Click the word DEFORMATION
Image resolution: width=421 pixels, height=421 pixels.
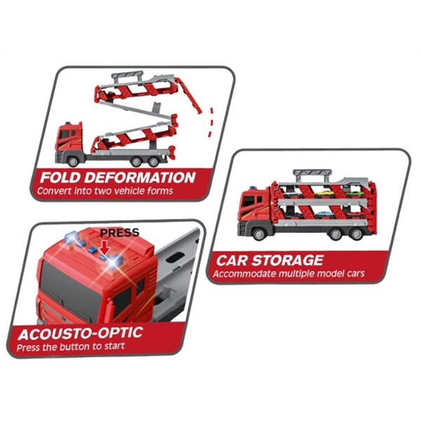coord(142,178)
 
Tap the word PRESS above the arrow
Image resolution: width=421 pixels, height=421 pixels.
coord(120,232)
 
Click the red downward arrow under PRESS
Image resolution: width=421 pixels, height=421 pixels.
coord(105,247)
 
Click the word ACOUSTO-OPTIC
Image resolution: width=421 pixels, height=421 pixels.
coord(80,333)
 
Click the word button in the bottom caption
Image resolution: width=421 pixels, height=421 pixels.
coord(76,347)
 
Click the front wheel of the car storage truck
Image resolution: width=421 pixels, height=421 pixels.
coord(260,234)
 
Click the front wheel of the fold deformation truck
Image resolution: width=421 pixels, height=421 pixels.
coord(72,161)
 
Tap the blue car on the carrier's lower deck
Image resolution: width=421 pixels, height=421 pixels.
coord(324,215)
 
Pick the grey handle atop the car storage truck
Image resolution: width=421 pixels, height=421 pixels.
coord(312,175)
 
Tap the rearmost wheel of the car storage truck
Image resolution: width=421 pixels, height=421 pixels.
coord(356,234)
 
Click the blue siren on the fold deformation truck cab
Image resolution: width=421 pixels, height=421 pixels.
coord(68,123)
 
